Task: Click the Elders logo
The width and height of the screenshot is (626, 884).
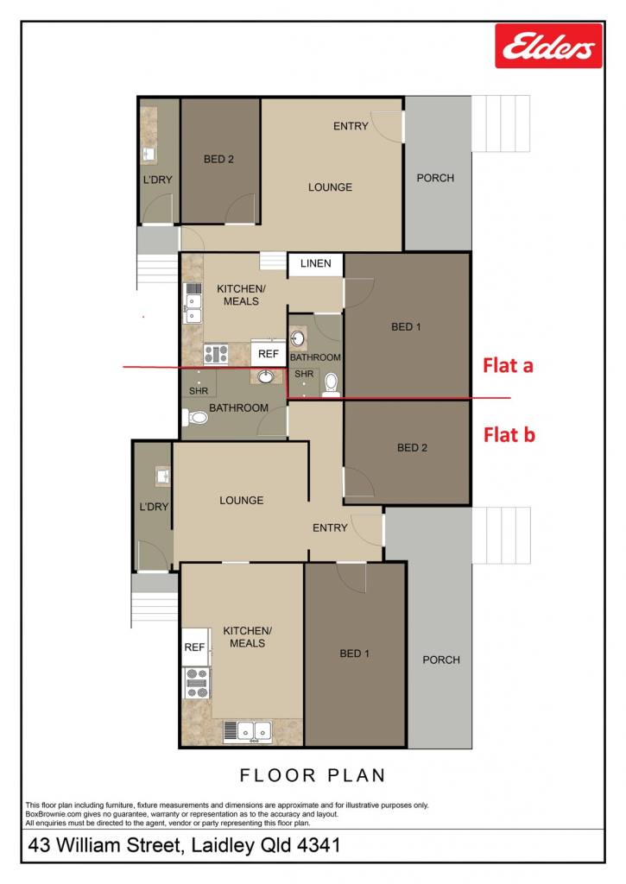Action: (x=548, y=46)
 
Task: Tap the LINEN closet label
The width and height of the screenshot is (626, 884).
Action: (x=315, y=263)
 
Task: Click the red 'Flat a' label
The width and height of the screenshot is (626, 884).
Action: (x=508, y=365)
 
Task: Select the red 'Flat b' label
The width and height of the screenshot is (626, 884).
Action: (x=509, y=435)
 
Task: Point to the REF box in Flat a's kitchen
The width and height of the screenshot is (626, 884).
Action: (x=269, y=353)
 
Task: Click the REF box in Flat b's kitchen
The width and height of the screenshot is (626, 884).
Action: (x=194, y=647)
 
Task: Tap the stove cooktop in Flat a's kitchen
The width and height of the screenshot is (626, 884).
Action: (x=216, y=354)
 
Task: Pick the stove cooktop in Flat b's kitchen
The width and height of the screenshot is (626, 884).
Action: (x=197, y=683)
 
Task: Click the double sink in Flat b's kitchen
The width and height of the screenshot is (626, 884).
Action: (x=247, y=730)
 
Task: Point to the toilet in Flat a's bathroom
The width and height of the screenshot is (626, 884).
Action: (x=331, y=384)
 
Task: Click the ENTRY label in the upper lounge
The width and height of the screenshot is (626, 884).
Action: (x=351, y=126)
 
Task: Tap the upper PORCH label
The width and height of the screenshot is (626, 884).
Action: (x=435, y=178)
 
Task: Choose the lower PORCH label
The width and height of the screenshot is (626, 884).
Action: (x=441, y=660)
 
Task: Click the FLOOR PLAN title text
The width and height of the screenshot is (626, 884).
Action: (x=313, y=775)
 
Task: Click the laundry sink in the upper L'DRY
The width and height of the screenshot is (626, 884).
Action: (x=149, y=154)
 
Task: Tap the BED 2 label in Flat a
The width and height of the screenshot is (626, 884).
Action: (x=218, y=159)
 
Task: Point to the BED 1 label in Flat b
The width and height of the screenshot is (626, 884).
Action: (x=354, y=654)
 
